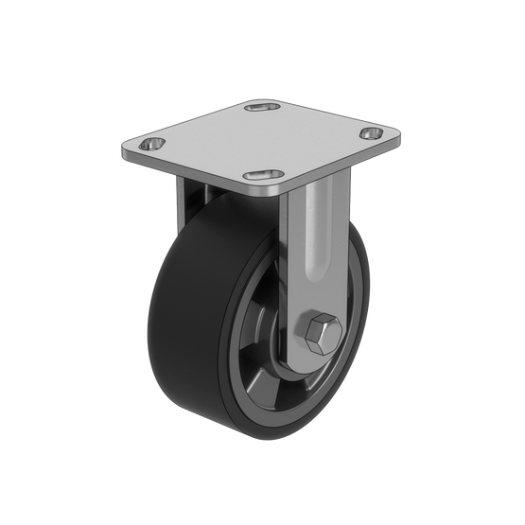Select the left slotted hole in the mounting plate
[x=149, y=145]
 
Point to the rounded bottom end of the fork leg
[x=312, y=364]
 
